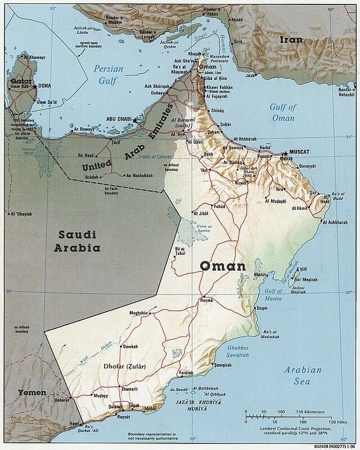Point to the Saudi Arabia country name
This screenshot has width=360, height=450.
tap(78, 241)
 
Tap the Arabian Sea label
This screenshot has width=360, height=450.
tap(302, 375)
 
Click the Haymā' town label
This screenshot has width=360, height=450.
tap(207, 301)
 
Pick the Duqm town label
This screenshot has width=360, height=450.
tap(262, 308)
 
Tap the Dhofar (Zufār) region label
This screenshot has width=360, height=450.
tap(125, 367)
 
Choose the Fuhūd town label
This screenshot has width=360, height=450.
tap(218, 206)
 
